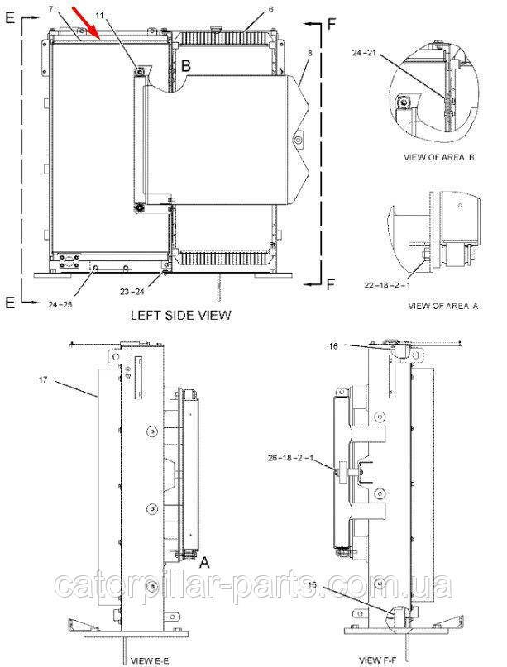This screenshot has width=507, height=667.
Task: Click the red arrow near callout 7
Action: point(86,22)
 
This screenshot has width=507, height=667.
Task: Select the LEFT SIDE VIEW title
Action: point(180,315)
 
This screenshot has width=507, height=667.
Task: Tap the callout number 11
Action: point(99,16)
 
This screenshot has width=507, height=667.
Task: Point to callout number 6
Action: point(271,9)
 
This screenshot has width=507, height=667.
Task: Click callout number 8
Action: point(310,53)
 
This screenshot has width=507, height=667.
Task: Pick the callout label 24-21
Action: point(364,53)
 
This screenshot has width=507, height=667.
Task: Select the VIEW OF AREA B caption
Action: point(439,157)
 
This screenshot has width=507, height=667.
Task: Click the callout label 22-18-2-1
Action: point(387,285)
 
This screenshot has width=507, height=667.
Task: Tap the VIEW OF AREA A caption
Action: point(443,306)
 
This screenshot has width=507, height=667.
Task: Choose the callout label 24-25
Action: point(60,304)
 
